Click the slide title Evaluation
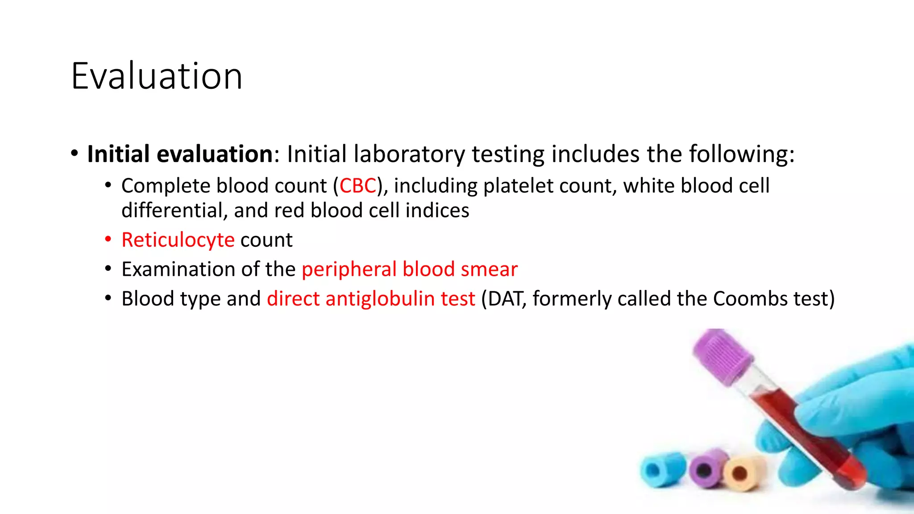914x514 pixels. [x=157, y=76]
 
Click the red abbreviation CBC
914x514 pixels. [x=358, y=186]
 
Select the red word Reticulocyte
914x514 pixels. [x=178, y=240]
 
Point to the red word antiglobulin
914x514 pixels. [x=380, y=298]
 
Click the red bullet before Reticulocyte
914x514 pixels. [x=108, y=240]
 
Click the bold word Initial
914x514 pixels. [x=118, y=154]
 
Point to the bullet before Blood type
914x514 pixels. [x=108, y=298]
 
